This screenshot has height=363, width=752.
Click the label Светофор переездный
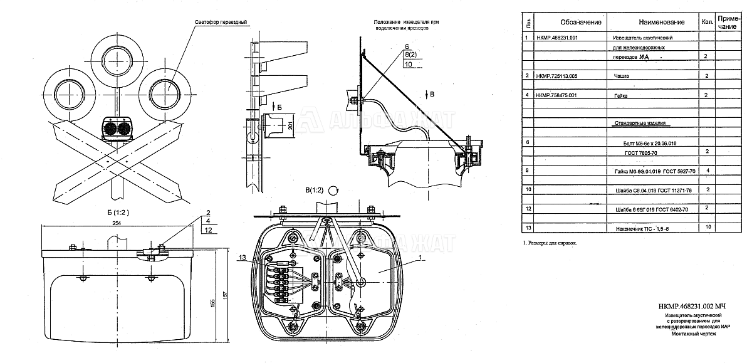220,23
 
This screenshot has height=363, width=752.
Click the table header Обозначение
581,22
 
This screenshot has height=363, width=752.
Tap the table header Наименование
662,22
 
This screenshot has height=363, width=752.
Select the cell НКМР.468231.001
558,38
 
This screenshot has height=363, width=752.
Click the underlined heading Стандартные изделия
639,124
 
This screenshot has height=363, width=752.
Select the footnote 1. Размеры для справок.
549,242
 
